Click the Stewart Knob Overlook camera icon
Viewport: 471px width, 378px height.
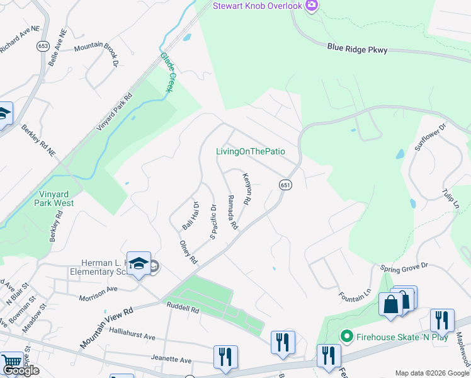tap(311, 6)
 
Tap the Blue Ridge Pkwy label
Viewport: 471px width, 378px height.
tap(357, 49)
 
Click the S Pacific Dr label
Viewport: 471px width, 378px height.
tap(213, 222)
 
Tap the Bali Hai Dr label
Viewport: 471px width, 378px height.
tap(190, 215)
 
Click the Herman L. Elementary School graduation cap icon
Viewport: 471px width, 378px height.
tap(139, 265)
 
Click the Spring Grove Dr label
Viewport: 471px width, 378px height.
tap(404, 267)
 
